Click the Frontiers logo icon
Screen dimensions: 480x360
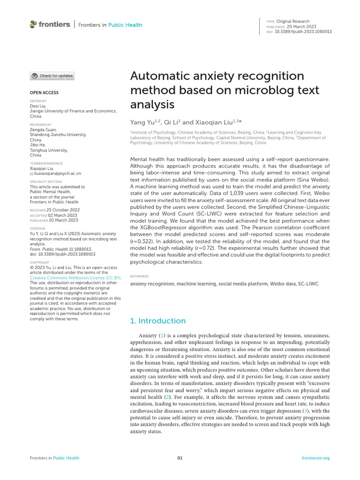33,24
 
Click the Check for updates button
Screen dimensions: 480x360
52,75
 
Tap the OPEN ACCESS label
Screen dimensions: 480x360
44,93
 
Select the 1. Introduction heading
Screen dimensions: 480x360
157,321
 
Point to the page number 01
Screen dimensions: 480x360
180,458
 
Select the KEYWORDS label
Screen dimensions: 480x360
139,277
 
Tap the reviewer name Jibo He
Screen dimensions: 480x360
37,145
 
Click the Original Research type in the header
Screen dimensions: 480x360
293,21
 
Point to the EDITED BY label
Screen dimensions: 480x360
38,101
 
